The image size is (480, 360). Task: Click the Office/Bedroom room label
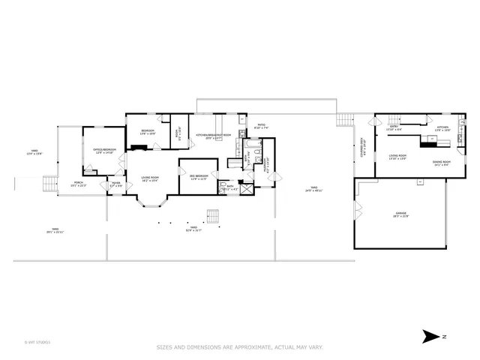(103, 151)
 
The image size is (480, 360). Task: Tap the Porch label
(78, 184)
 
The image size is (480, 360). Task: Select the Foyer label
(116, 184)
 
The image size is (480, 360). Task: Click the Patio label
(261, 127)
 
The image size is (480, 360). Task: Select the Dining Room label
(441, 163)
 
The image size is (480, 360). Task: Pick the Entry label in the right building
(394, 128)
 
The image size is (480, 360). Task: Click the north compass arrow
(431, 336)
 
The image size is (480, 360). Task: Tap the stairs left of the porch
(49, 183)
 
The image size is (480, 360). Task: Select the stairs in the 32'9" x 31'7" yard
(214, 217)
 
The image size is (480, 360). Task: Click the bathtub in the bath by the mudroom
(256, 156)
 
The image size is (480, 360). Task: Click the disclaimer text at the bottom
(240, 346)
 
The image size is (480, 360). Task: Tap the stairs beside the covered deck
(343, 120)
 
